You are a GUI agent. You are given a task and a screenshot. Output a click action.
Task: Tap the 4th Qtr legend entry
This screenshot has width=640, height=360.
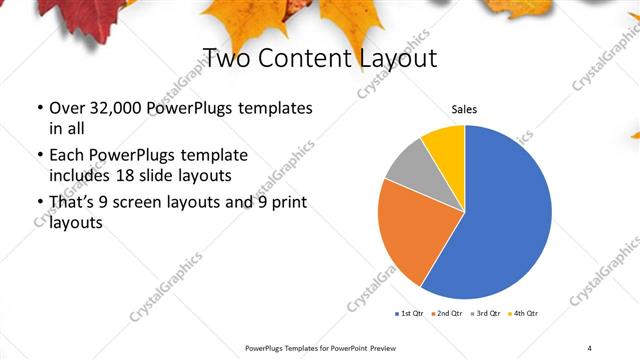pos(525,314)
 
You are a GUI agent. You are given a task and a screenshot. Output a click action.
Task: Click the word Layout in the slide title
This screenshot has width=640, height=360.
pos(387,58)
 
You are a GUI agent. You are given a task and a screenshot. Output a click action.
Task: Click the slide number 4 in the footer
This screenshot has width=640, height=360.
pos(590,347)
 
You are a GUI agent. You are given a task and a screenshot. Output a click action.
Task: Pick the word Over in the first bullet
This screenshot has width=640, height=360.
pos(67,108)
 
